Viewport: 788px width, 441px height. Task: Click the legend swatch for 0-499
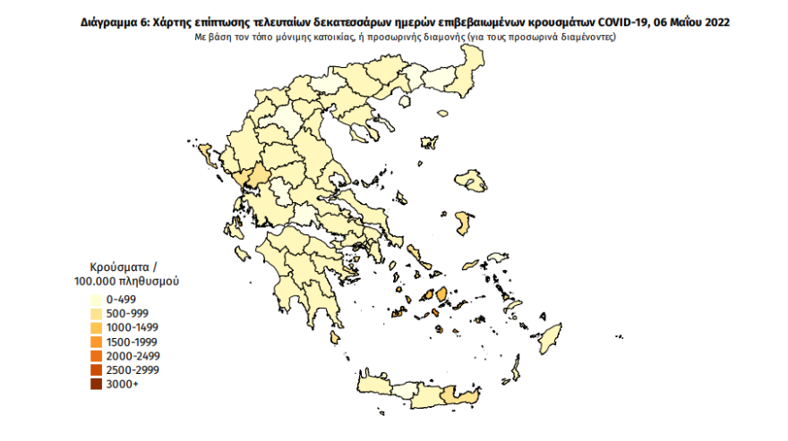[x=94, y=299]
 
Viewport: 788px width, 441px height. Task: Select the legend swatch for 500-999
[x=94, y=313]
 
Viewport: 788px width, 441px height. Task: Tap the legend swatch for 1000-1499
[x=94, y=327]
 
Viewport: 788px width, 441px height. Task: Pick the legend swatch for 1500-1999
[x=94, y=342]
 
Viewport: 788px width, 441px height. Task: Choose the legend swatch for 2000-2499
[x=94, y=356]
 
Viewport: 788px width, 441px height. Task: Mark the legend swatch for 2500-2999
[x=94, y=370]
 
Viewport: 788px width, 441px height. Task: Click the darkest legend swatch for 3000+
[x=94, y=385]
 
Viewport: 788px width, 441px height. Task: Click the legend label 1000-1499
[x=131, y=327]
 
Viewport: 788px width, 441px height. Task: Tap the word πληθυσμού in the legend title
[x=151, y=280]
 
